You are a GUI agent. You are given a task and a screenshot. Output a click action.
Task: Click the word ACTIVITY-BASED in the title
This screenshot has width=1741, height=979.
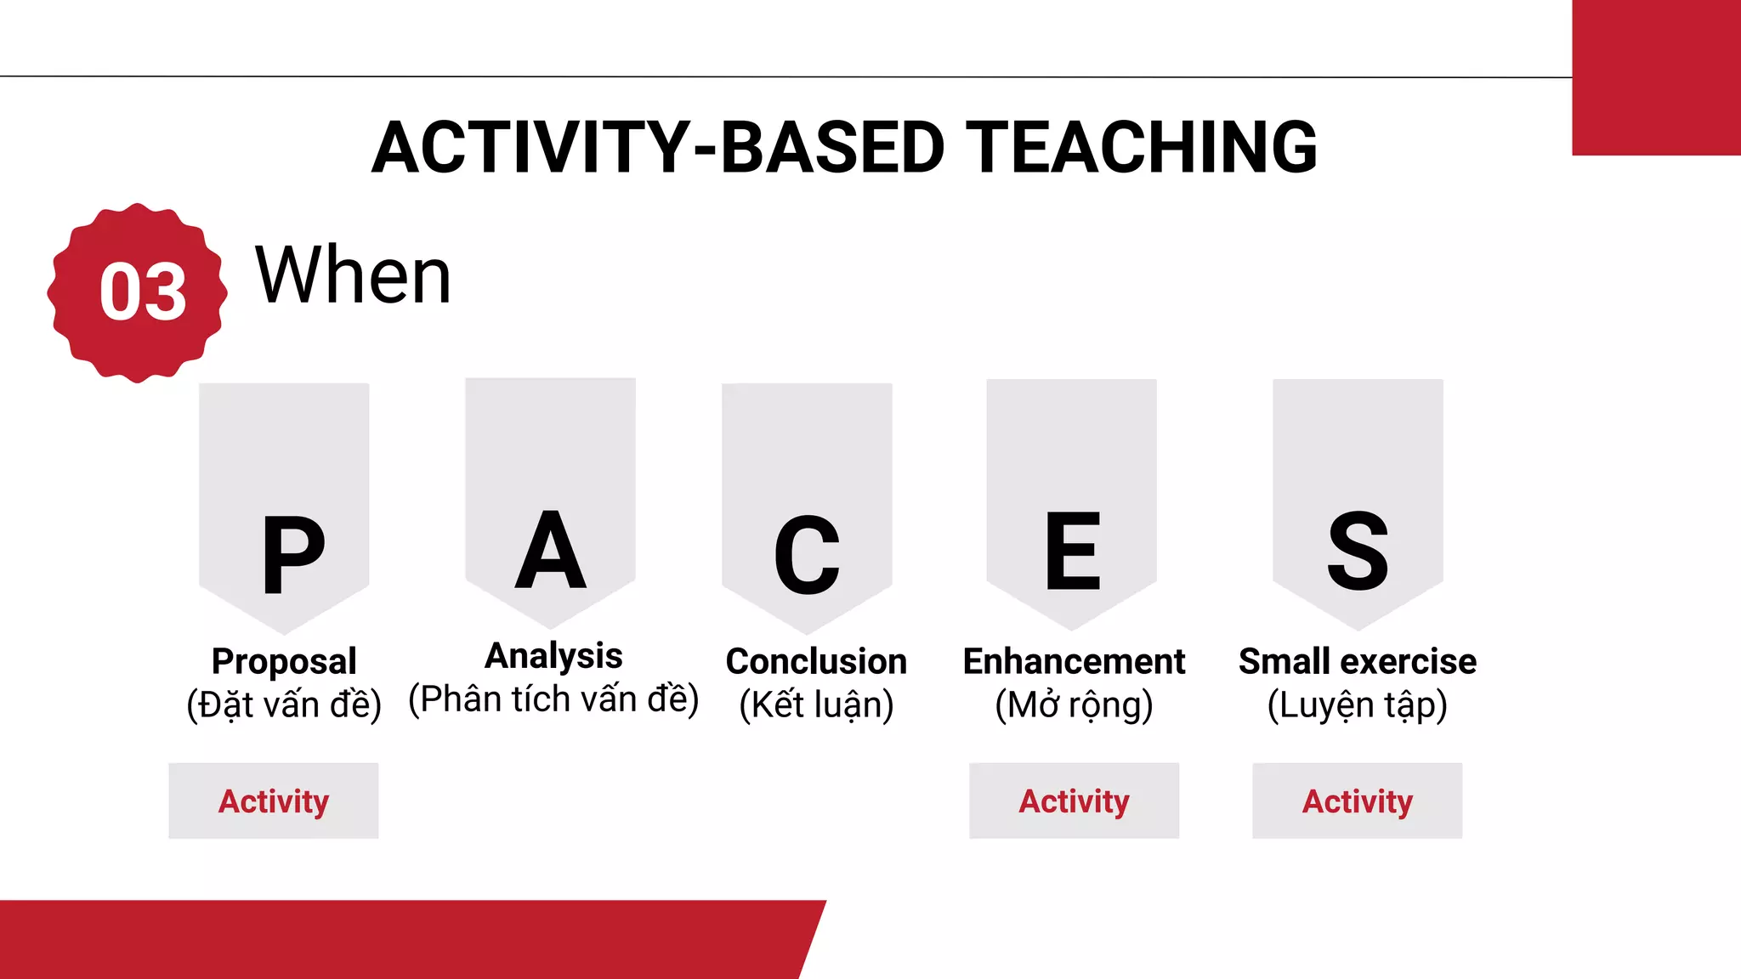657,148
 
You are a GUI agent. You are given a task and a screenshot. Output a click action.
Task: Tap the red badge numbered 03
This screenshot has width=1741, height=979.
138,292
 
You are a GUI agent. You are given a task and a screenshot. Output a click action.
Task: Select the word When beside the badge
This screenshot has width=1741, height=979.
353,275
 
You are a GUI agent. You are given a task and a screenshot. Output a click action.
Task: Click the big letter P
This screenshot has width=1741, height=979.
293,555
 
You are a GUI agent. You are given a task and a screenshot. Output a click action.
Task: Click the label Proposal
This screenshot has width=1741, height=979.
284,661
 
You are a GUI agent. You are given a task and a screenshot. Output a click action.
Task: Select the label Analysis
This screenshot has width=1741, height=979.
553,656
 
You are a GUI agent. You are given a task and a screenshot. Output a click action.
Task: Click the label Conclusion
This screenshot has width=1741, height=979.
816,661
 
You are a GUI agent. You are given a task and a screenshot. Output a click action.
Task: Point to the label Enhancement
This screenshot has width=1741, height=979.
1074,661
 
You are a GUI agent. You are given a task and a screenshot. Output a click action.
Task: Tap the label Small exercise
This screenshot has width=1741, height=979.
1358,661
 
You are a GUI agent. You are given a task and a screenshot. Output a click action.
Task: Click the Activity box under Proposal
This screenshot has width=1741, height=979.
274,801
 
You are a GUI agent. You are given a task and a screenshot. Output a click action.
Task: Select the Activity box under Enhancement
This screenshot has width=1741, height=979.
1074,801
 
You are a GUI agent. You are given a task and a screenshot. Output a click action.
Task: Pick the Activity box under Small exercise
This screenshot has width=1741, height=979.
1358,801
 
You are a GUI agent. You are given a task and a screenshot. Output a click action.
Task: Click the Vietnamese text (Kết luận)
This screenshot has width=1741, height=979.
816,705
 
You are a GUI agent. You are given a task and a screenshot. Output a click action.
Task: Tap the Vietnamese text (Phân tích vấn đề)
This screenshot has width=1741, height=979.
553,699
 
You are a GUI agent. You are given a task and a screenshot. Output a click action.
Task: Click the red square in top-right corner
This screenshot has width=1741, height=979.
1656,76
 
